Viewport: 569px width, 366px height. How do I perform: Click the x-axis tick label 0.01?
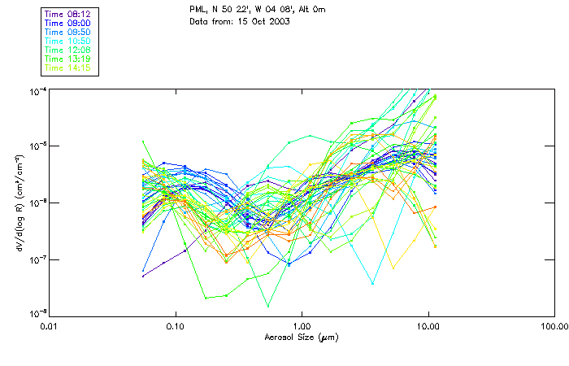click(50, 326)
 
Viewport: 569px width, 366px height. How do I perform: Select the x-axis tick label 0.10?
click(176, 326)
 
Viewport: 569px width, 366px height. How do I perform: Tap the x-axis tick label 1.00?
click(302, 326)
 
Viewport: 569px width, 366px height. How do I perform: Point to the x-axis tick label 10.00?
click(428, 326)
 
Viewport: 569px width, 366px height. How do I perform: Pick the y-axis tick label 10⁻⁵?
click(36, 146)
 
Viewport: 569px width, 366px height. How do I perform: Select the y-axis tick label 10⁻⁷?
click(36, 259)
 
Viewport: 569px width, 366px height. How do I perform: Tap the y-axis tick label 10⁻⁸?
click(36, 313)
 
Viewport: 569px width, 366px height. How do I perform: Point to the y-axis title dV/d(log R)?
click(17, 203)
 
